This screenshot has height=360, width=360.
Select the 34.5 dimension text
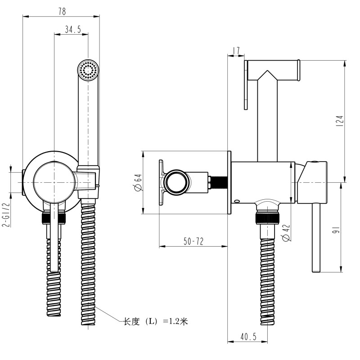[72, 30]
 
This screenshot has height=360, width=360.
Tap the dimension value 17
[236, 51]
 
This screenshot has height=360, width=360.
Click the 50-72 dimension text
[193, 242]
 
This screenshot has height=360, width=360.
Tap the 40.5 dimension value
[248, 336]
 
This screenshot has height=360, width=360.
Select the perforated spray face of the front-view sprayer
[88, 70]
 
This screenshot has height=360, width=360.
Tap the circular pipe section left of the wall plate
[175, 183]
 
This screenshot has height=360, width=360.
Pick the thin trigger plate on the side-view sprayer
[246, 85]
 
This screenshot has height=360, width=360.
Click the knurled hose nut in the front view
[54, 218]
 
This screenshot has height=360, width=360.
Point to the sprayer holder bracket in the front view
[87, 180]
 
